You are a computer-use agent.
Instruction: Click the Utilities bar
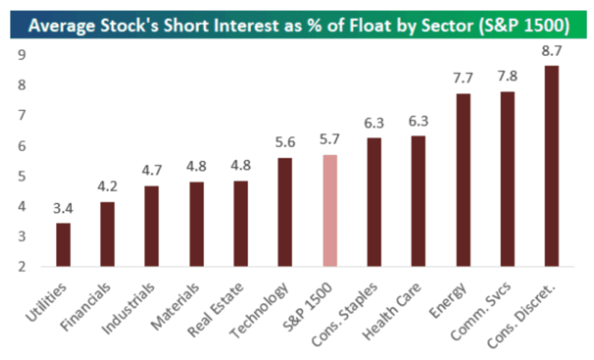coord(63,245)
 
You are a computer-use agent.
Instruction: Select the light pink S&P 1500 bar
coord(329,211)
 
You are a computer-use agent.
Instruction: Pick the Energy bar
coord(463,180)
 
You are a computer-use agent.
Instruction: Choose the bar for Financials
coord(107,234)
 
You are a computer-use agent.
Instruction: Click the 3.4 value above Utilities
coord(63,208)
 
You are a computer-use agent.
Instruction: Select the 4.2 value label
coord(107,187)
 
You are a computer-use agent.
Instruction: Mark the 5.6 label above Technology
coord(285,143)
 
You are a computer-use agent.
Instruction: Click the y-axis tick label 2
coord(22,267)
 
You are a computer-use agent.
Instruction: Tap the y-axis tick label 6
coord(22,146)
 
